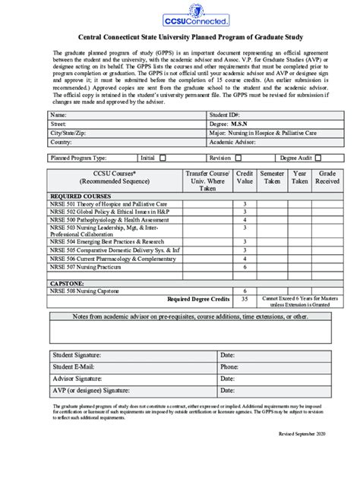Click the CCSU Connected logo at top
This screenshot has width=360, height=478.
tap(179, 14)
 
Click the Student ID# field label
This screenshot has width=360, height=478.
tap(226, 114)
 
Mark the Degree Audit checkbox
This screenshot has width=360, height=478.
tap(318, 158)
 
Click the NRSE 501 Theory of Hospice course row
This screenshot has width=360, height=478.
tap(109, 204)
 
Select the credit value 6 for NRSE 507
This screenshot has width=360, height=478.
tap(245, 266)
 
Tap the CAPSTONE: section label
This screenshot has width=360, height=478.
tap(67, 282)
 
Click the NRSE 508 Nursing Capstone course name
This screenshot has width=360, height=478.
tap(85, 291)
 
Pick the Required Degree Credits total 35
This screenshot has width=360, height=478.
tap(245, 300)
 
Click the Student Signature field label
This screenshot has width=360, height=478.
tap(77, 355)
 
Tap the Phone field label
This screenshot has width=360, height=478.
tap(229, 366)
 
